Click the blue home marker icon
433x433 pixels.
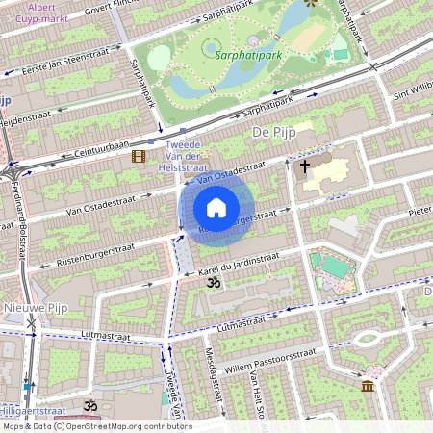pyautogui.click(x=216, y=208)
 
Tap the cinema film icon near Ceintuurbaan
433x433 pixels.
pyautogui.click(x=140, y=156)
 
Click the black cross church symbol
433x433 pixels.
pyautogui.click(x=305, y=166)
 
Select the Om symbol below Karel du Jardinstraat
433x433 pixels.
pyautogui.click(x=215, y=282)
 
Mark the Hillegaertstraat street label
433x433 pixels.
pyautogui.click(x=38, y=411)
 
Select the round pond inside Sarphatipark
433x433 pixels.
pyautogui.click(x=211, y=47)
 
